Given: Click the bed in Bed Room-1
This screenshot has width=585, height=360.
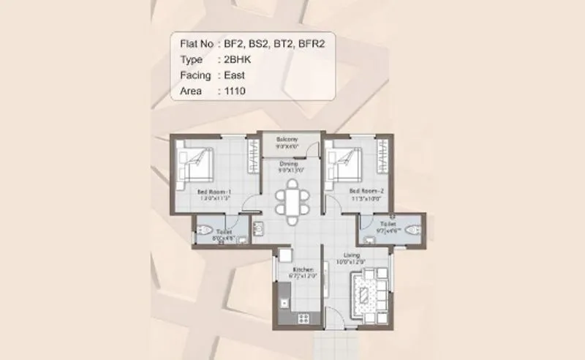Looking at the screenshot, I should [x=197, y=163].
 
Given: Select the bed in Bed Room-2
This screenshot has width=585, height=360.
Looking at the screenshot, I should [x=344, y=163].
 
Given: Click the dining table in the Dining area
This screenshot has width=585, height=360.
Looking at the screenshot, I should [x=292, y=200].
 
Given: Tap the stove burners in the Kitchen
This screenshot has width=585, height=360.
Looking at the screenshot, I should [x=304, y=317].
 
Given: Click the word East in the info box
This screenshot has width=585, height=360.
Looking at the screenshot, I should [x=230, y=75].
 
